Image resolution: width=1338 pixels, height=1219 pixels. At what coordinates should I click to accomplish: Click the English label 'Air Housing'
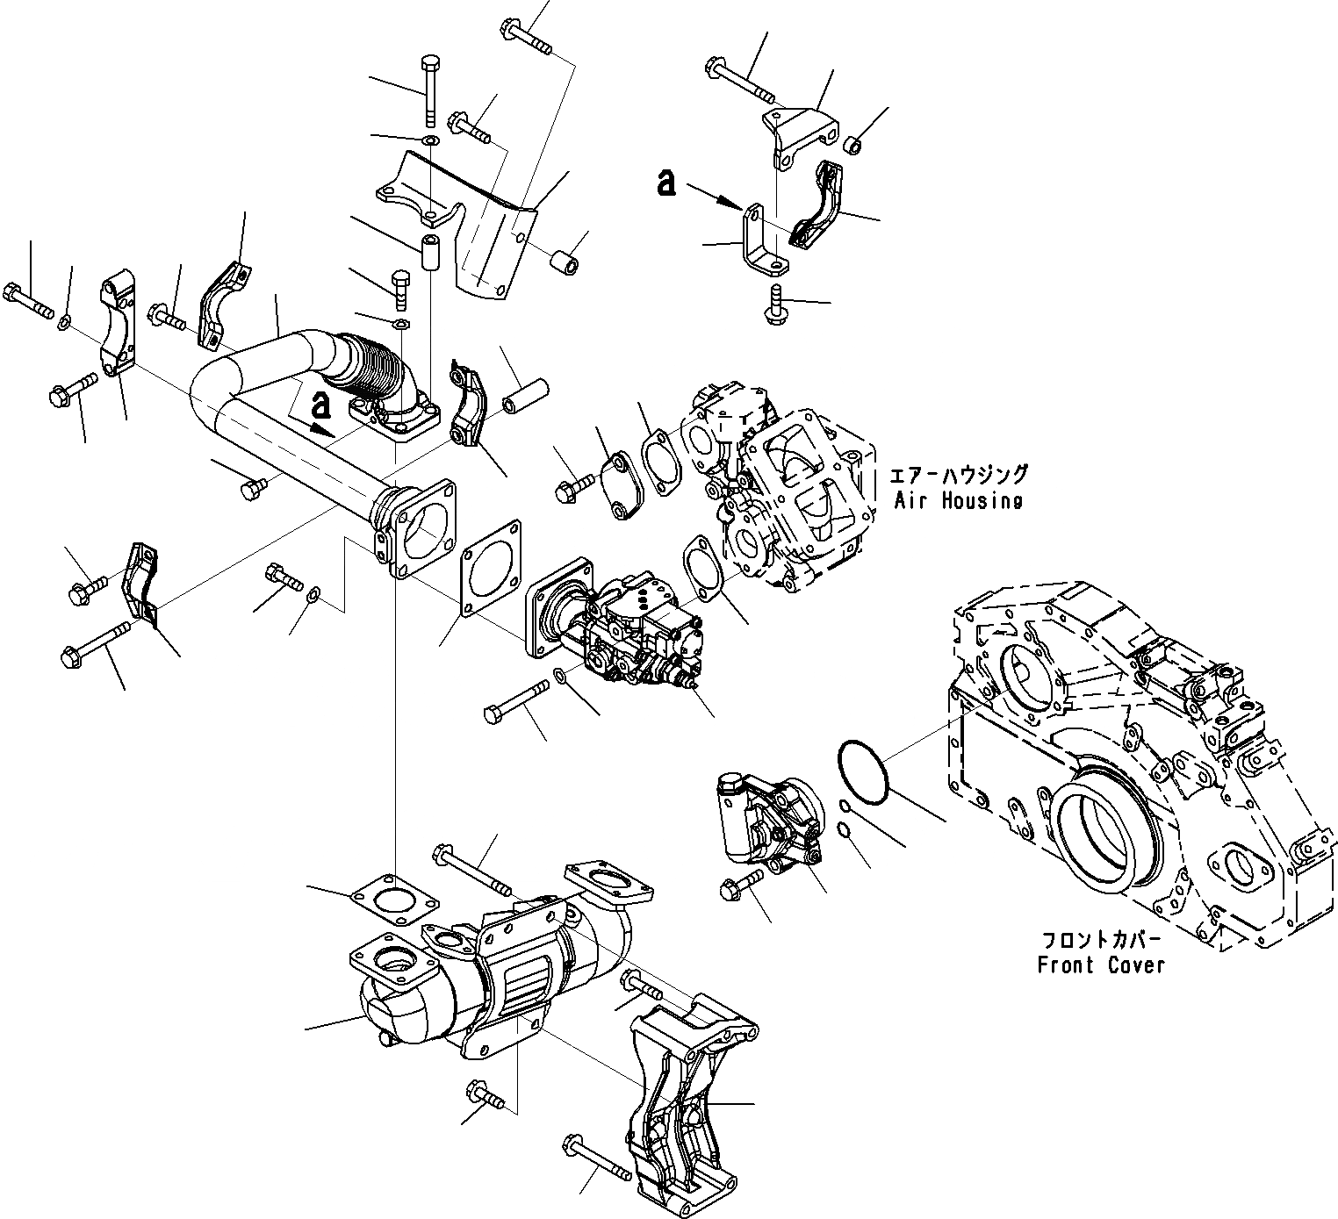click(958, 501)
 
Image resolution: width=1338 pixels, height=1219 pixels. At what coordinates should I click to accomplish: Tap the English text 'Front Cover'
click(1100, 965)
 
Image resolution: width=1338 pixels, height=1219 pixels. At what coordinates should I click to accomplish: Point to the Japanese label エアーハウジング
click(958, 476)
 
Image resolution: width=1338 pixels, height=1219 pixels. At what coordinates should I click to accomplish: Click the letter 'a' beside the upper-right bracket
click(667, 183)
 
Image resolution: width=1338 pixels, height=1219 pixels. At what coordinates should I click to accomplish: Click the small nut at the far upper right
click(852, 143)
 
